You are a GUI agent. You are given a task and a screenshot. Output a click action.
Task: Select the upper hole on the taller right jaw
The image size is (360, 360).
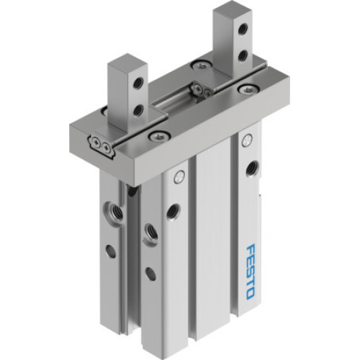[243, 30]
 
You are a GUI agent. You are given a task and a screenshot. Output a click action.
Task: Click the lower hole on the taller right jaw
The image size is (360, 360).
[243, 55]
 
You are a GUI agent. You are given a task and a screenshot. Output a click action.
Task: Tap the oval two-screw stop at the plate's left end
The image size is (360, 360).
[102, 146]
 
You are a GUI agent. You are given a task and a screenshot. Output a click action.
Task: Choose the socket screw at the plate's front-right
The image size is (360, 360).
[248, 90]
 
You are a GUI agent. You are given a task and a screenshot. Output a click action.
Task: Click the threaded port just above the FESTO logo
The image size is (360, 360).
[251, 169]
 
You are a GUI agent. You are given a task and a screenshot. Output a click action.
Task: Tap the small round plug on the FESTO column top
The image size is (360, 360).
[248, 136]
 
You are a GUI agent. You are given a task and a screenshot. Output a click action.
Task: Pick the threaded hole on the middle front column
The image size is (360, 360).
[174, 211]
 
